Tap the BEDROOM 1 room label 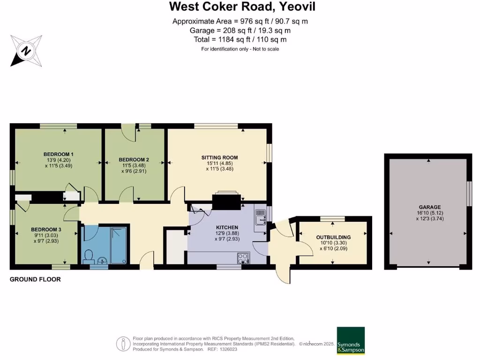point(59,154)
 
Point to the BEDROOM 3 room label point(46,229)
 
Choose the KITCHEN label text point(227,227)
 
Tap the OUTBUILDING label point(333,237)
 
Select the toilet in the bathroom point(88,256)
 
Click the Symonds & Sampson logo point(351,340)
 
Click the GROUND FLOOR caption point(35,279)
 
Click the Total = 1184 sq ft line point(240,40)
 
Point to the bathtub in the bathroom point(119,245)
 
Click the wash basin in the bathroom point(105,261)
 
